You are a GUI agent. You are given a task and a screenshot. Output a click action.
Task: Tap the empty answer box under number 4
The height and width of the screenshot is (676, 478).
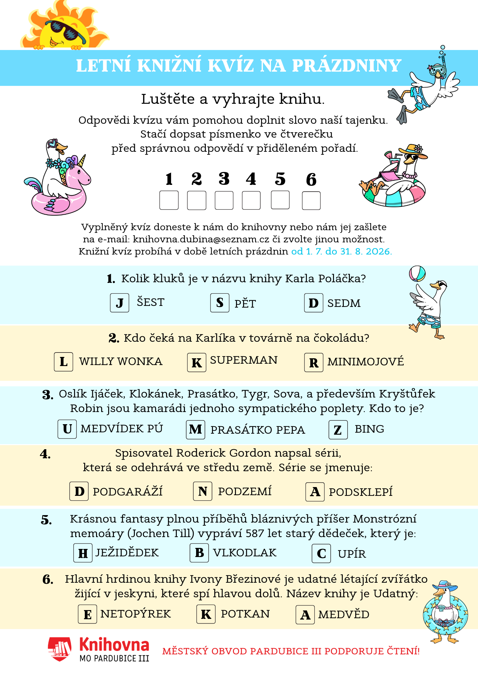(251, 200)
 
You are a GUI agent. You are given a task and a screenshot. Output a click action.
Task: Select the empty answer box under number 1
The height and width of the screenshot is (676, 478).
(169, 200)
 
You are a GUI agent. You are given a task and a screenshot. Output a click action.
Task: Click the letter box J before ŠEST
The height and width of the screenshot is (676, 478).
(120, 303)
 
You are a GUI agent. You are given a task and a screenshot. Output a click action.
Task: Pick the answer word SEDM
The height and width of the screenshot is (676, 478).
(344, 303)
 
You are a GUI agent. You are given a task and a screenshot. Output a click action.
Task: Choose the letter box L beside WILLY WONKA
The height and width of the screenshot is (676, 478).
(64, 362)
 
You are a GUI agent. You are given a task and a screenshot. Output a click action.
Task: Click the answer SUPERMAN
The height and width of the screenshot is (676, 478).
(244, 360)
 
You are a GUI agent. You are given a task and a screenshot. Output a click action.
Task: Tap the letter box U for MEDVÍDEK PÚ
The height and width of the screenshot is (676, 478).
(67, 429)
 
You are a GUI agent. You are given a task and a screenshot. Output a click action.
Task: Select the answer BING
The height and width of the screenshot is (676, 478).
(369, 429)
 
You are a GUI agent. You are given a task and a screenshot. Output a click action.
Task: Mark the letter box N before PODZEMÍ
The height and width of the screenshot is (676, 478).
(203, 491)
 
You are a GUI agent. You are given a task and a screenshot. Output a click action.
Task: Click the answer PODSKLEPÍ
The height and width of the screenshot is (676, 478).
(361, 492)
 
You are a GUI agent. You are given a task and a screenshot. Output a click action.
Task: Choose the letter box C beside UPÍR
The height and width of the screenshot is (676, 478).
(321, 553)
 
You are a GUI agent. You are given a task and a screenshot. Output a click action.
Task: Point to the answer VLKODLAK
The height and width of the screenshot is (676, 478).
(245, 553)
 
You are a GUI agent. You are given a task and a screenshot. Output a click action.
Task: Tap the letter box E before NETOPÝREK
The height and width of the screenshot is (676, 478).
(88, 614)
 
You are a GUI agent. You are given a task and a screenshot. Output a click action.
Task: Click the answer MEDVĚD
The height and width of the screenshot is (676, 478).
(344, 614)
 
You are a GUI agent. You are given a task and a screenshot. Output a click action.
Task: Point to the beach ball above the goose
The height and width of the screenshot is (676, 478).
(417, 274)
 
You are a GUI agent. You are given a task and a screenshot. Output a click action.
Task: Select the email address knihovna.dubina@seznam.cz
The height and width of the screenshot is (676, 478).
(201, 239)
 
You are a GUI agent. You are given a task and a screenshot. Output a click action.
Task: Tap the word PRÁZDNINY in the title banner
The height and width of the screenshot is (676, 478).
(347, 66)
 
